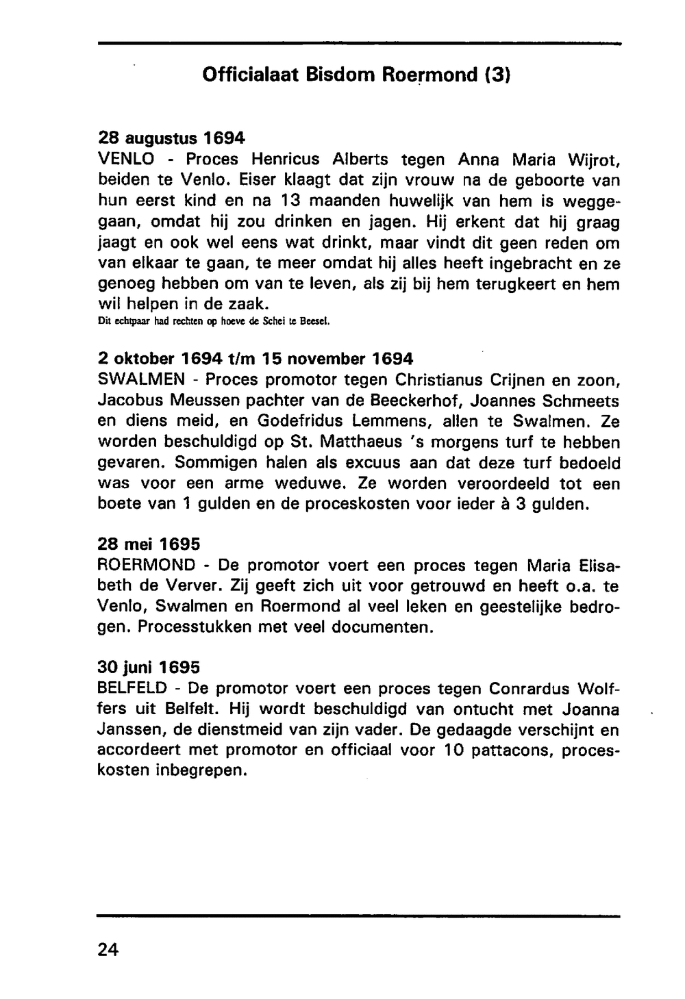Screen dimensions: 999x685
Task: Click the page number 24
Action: pyautogui.click(x=108, y=949)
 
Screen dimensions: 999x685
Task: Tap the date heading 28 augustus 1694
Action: pyautogui.click(x=171, y=138)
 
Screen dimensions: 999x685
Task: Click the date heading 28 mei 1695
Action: pyautogui.click(x=149, y=544)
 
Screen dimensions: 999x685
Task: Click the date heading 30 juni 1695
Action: pyautogui.click(x=149, y=666)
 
